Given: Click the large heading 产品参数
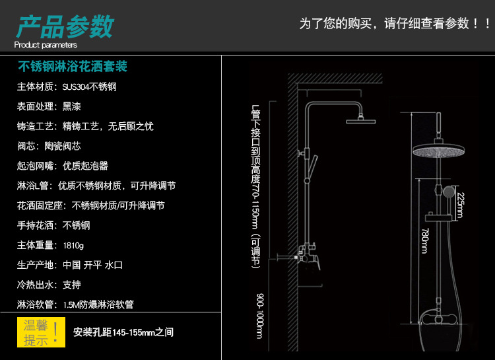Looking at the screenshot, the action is pos(65,27).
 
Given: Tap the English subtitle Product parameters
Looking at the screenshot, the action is pos(46,45).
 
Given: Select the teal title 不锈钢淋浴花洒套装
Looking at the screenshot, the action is pos(73,66).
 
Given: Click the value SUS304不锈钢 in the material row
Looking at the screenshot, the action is pos(89,87).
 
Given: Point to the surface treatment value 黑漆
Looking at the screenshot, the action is pos(72,106).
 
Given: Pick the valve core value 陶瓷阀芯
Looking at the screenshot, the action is pos(63,146).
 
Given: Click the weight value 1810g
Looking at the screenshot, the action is pos(73,245).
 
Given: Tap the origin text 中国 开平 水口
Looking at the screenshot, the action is pos(92,265).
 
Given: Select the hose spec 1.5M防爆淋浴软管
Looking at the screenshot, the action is pos(98,305).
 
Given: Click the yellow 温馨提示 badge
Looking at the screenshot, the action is pos(41,332).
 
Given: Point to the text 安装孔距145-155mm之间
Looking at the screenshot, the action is pos(123,332).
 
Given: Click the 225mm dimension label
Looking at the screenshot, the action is pos(461,205).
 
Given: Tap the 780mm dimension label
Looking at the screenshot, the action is pos(425,240).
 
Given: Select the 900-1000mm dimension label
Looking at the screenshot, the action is pos(259,316).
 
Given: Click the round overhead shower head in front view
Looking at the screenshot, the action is pos(438,151).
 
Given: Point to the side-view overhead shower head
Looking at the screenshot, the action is pos(360,120).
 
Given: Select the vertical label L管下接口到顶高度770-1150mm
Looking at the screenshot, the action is pos(255,186).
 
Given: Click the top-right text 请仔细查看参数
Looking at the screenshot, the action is pos(426,24).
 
